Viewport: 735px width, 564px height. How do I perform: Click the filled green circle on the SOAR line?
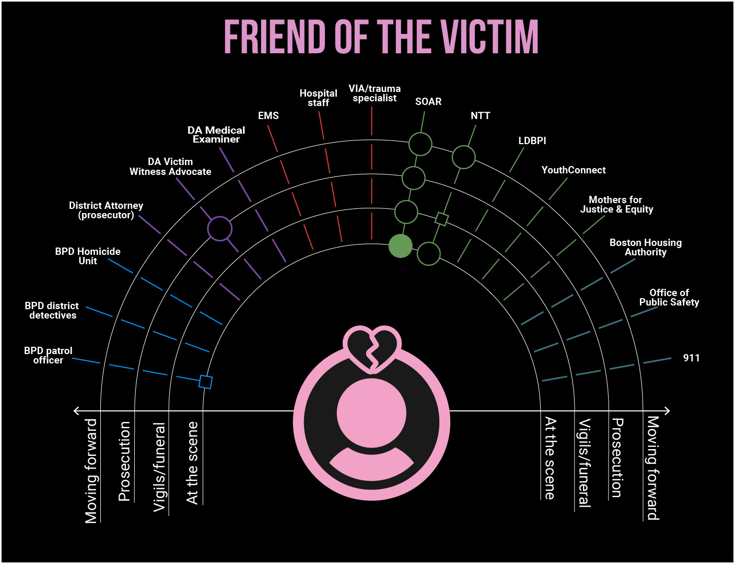pyautogui.click(x=401, y=246)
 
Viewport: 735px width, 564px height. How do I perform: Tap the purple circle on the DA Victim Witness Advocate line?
pyautogui.click(x=220, y=229)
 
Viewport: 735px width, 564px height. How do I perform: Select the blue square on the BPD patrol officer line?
pyautogui.click(x=206, y=382)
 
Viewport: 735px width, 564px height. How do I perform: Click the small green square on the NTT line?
pyautogui.click(x=441, y=219)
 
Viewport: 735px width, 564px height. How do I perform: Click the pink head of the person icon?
pyautogui.click(x=371, y=413)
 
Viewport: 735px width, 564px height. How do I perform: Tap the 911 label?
pyautogui.click(x=691, y=358)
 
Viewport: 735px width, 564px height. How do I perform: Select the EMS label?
pyautogui.click(x=269, y=115)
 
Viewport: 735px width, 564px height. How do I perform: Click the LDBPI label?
pyautogui.click(x=532, y=140)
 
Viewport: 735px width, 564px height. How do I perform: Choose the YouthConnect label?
pyautogui.click(x=574, y=170)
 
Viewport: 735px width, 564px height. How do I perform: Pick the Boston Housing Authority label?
pyautogui.click(x=646, y=247)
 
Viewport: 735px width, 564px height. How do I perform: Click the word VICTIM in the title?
pyautogui.click(x=489, y=37)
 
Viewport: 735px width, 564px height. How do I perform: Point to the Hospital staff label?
pyautogui.click(x=318, y=98)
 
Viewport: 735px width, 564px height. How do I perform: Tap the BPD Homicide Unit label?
pyautogui.click(x=88, y=256)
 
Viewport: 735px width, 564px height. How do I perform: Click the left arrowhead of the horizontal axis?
pyautogui.click(x=76, y=411)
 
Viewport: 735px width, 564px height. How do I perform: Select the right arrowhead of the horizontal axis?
pyautogui.click(x=667, y=411)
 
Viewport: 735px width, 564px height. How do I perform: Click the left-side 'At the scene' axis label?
pyautogui.click(x=192, y=463)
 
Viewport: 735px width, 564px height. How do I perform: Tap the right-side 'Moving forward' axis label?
pyautogui.click(x=653, y=468)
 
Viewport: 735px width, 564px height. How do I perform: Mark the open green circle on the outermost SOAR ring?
pyautogui.click(x=420, y=144)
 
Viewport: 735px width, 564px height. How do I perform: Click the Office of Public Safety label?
pyautogui.click(x=669, y=297)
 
